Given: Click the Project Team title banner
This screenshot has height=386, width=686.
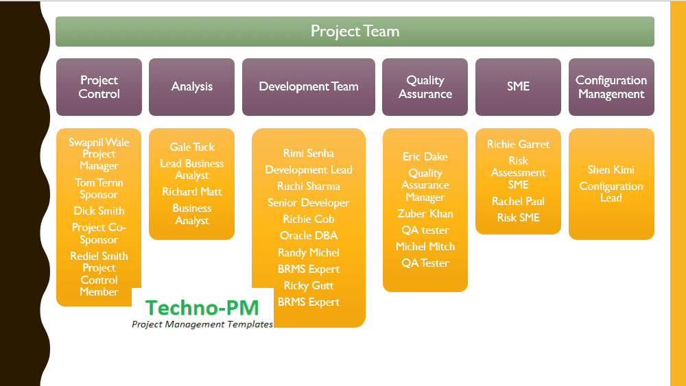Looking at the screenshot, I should click(355, 32).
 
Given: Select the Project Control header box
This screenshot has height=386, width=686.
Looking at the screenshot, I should click(99, 87).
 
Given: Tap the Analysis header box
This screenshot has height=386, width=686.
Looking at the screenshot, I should click(191, 87).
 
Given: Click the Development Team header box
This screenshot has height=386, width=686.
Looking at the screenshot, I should click(308, 87).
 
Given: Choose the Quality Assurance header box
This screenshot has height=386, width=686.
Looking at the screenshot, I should click(425, 87).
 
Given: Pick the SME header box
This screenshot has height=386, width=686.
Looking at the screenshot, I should click(518, 87).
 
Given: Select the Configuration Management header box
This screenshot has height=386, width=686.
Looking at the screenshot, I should click(611, 87).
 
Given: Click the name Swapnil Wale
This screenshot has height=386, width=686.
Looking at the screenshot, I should click(99, 143).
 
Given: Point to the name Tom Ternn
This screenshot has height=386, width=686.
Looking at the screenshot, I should click(99, 182).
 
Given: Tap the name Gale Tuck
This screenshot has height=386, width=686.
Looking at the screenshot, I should click(192, 147).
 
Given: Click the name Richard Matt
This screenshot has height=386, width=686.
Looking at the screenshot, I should click(192, 192).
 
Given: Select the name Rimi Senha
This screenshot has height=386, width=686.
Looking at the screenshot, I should click(308, 154).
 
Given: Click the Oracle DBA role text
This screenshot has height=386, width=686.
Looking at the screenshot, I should click(308, 236).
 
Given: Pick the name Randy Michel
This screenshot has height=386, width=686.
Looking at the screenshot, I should click(308, 252).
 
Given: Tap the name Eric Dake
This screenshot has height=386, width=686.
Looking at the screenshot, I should click(425, 157).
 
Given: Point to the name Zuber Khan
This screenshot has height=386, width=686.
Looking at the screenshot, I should click(425, 214).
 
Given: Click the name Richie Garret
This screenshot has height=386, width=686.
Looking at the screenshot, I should click(518, 145).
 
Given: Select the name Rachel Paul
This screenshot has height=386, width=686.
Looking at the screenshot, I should click(518, 202).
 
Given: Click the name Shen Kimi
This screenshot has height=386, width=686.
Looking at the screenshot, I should click(611, 170).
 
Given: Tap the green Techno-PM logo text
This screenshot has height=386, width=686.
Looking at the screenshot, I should click(202, 308).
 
